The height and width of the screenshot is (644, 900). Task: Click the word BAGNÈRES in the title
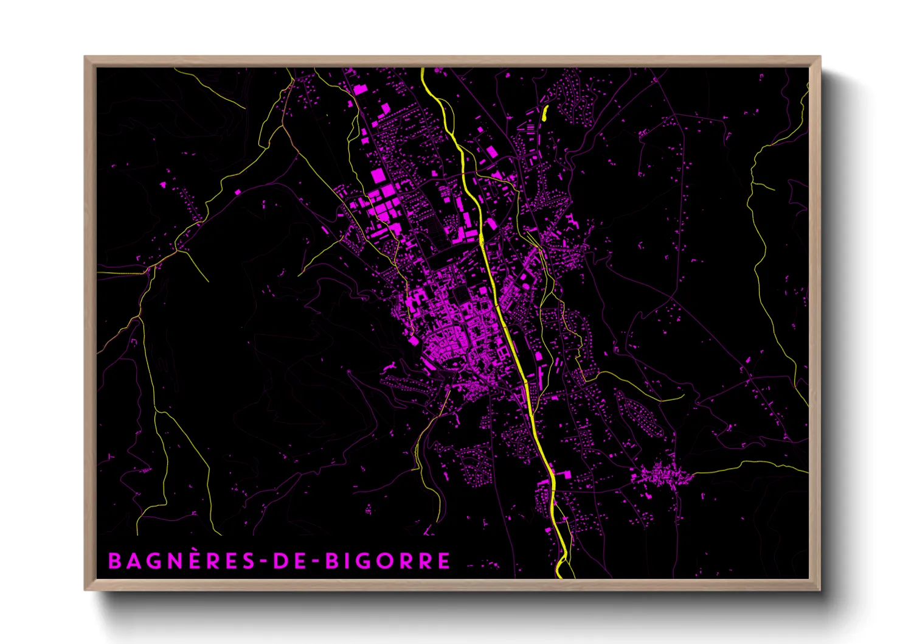(x=181, y=561)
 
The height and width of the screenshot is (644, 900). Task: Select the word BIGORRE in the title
(x=388, y=561)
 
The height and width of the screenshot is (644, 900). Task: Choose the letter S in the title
(x=247, y=561)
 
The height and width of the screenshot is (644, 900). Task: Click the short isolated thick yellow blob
(x=544, y=113)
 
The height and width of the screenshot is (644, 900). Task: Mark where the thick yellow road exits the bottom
(x=559, y=576)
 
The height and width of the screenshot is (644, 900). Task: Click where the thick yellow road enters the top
(x=422, y=70)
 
